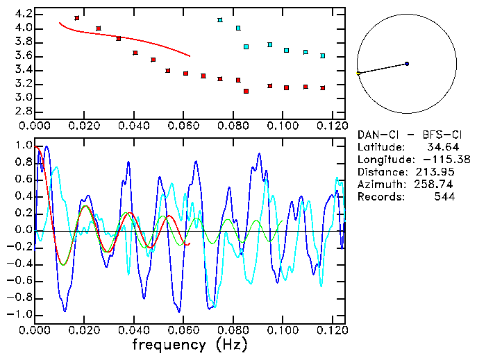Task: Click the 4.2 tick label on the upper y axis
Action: [x=23, y=14]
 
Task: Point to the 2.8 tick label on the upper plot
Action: [x=23, y=112]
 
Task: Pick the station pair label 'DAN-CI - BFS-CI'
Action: [x=406, y=135]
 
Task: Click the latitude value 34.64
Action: [x=440, y=147]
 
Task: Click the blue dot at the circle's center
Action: [x=407, y=64]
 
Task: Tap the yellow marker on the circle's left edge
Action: [x=358, y=73]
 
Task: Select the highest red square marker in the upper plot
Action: [x=77, y=18]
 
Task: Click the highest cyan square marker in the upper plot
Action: [x=220, y=20]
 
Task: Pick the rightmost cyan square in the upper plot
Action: [x=323, y=55]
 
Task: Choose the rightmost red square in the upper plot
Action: [x=323, y=88]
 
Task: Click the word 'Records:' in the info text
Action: [x=380, y=197]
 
